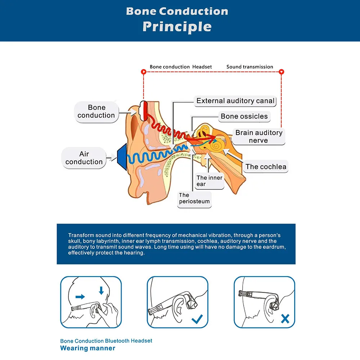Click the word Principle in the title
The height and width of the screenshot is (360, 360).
pyautogui.click(x=177, y=27)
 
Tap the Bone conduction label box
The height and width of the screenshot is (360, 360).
pyautogui.click(x=96, y=112)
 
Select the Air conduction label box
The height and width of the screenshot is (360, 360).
pyautogui.click(x=84, y=158)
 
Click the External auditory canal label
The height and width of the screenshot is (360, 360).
pyautogui.click(x=235, y=101)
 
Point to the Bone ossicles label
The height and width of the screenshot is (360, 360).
pyautogui.click(x=244, y=116)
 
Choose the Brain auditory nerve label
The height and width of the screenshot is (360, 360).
pyautogui.click(x=258, y=136)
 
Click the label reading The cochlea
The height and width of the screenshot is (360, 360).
pyautogui.click(x=266, y=166)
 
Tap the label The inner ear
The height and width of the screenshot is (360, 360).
pyautogui.click(x=210, y=181)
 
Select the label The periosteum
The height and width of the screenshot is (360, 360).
pyautogui.click(x=194, y=198)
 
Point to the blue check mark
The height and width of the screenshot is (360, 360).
pyautogui.click(x=197, y=319)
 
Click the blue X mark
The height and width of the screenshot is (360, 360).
pyautogui.click(x=285, y=319)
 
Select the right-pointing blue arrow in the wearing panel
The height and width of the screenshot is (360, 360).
pyautogui.click(x=81, y=297)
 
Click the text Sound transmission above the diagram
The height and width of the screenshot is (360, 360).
pyautogui.click(x=250, y=67)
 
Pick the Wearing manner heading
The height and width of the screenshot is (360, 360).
pyautogui.click(x=88, y=348)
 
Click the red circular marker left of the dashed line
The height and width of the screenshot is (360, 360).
pyautogui.click(x=143, y=72)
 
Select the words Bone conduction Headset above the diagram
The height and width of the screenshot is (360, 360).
pyautogui.click(x=181, y=67)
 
